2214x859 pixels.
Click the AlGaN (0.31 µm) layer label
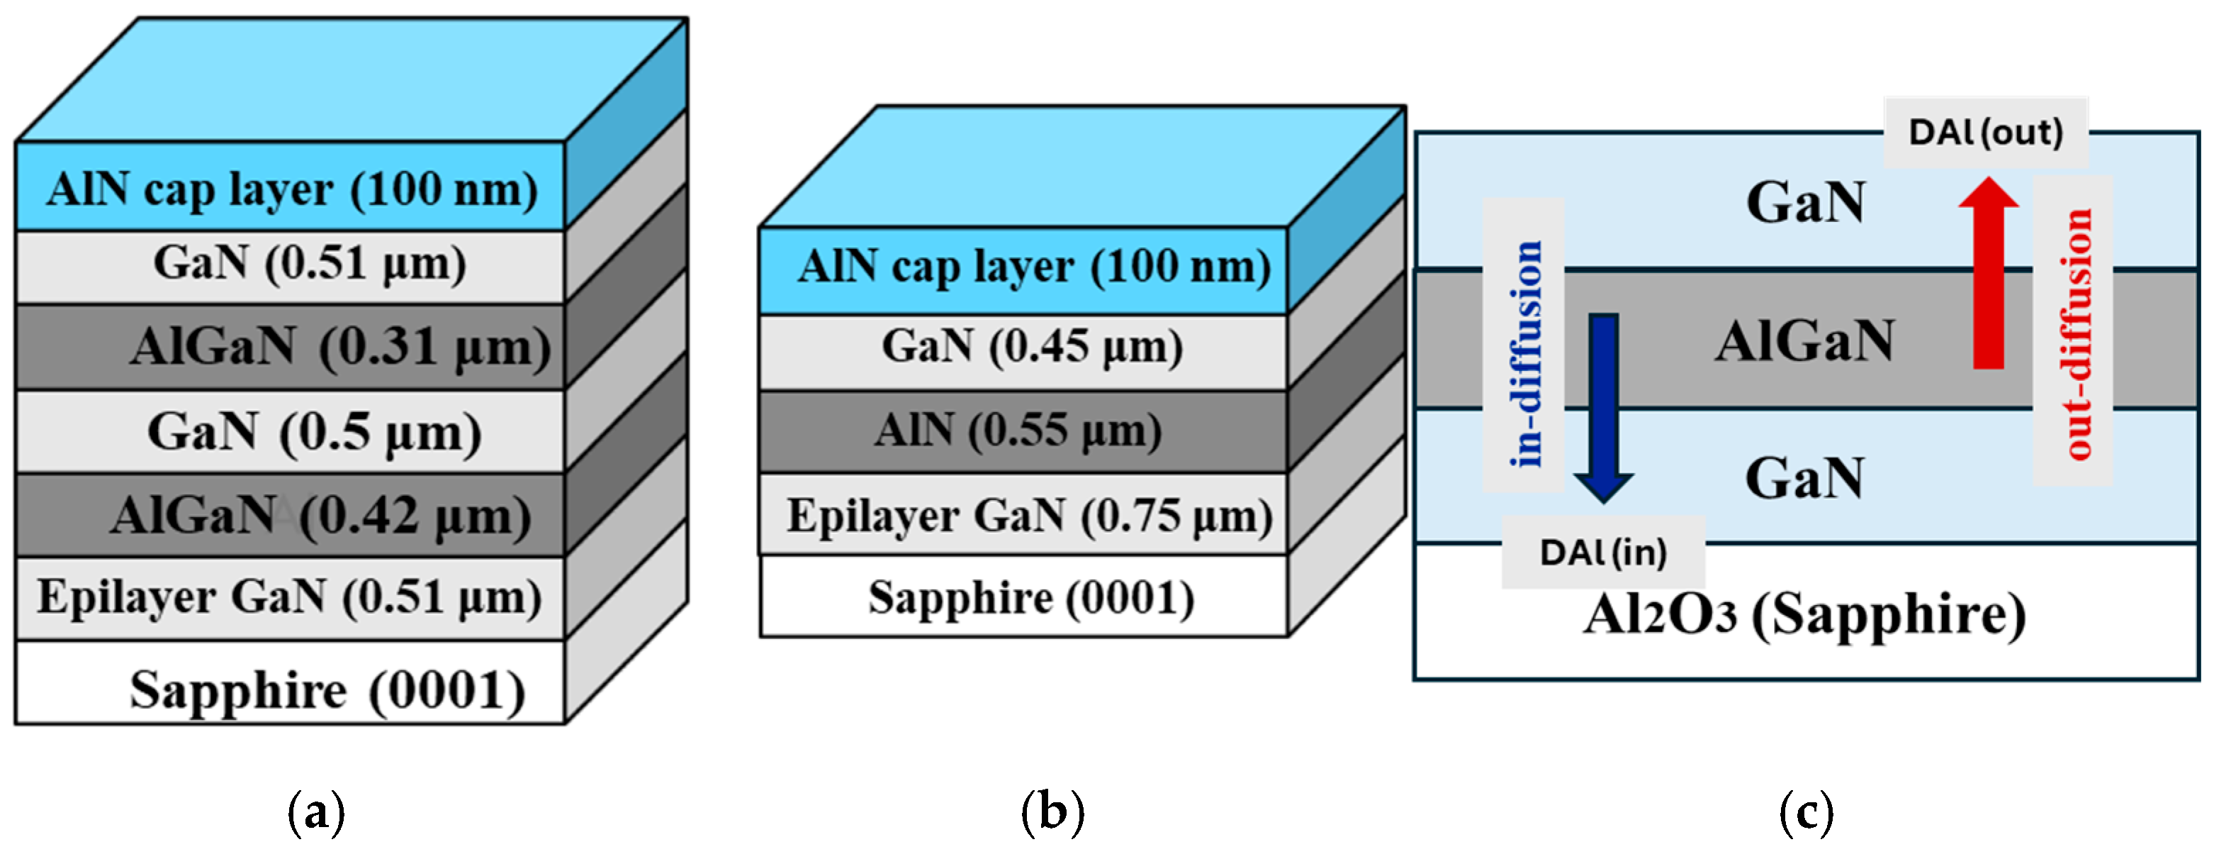(x=339, y=348)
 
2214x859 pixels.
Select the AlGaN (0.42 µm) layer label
(x=320, y=516)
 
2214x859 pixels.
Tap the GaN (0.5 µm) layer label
(x=314, y=432)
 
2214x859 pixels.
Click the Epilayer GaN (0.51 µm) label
(x=288, y=597)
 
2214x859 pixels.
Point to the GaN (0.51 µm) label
(x=310, y=263)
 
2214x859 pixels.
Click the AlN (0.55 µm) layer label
(x=1018, y=430)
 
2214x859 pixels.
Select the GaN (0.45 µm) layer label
(x=1031, y=347)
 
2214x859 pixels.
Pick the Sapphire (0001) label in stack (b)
(x=1030, y=599)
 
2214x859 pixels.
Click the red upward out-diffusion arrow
(x=1988, y=273)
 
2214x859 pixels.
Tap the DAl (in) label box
(x=1603, y=553)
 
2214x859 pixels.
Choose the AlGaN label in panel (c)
(x=1805, y=341)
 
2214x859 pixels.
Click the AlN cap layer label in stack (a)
(x=292, y=189)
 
